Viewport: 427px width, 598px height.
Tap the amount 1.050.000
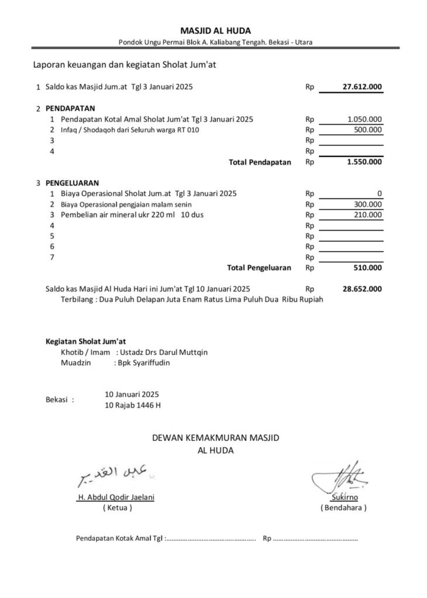[365, 119]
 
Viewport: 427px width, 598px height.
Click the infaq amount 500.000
[369, 130]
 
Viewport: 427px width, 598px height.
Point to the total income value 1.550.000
[364, 162]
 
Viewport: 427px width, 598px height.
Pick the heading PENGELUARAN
[72, 182]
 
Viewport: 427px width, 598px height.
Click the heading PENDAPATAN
[71, 109]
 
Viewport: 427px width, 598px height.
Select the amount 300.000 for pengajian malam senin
[369, 204]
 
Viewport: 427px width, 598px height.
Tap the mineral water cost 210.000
[369, 215]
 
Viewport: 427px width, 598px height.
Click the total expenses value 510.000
[369, 268]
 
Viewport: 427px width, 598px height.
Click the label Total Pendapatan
[260, 162]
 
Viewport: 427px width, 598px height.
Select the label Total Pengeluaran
[259, 268]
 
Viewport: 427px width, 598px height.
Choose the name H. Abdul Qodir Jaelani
[116, 498]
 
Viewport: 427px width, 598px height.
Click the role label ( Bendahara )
[343, 508]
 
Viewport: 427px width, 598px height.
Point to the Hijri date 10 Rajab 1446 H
[132, 405]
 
